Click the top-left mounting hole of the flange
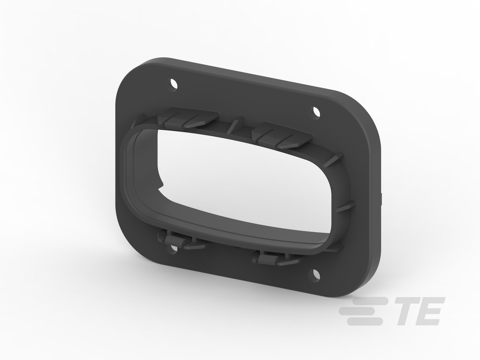pyautogui.click(x=173, y=84)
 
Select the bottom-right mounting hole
pyautogui.click(x=316, y=274)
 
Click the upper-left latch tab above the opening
pyautogui.click(x=188, y=118)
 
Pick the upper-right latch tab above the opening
pyautogui.click(x=282, y=135)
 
